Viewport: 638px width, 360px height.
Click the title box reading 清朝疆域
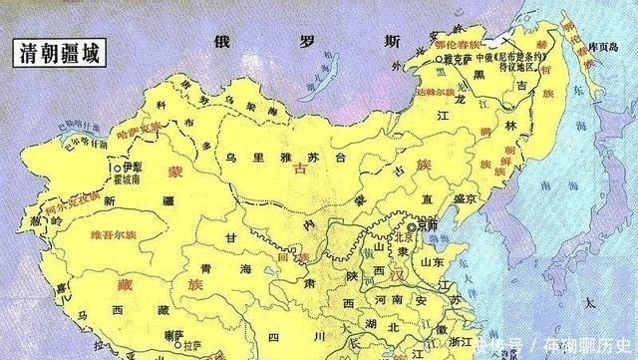click(58, 53)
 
